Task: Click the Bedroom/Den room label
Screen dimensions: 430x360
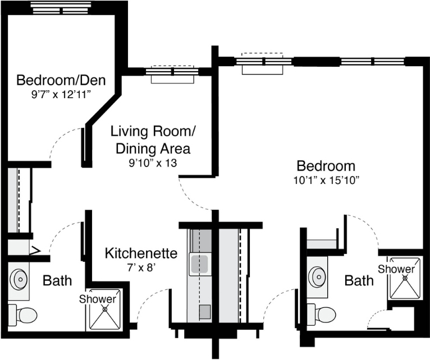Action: pyautogui.click(x=61, y=80)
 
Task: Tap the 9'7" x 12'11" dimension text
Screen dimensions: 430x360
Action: pyautogui.click(x=61, y=95)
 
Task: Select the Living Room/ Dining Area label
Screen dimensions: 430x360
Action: pyautogui.click(x=153, y=140)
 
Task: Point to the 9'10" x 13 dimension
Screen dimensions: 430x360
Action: pyautogui.click(x=153, y=163)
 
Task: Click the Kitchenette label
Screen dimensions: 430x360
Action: pyautogui.click(x=141, y=253)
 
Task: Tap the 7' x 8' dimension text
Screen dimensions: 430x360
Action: pyautogui.click(x=141, y=267)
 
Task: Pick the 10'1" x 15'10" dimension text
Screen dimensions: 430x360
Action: pyautogui.click(x=326, y=181)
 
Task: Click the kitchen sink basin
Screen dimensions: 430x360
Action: pyautogui.click(x=199, y=264)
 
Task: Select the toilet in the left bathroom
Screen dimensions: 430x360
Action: pyautogui.click(x=22, y=315)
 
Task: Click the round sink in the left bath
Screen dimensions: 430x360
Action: pyautogui.click(x=19, y=279)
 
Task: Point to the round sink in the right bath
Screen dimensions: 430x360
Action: pyautogui.click(x=318, y=277)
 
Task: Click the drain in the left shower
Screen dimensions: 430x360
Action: pyautogui.click(x=105, y=309)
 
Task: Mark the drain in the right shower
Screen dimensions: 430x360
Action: pyautogui.click(x=405, y=278)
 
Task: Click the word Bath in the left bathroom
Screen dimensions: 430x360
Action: pyautogui.click(x=57, y=280)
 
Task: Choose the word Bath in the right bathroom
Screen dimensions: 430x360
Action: pyautogui.click(x=359, y=280)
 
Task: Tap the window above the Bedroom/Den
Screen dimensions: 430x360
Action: pyautogui.click(x=61, y=8)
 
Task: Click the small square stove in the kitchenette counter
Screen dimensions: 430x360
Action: pyautogui.click(x=205, y=312)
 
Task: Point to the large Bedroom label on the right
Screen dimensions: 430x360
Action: pyautogui.click(x=326, y=166)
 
